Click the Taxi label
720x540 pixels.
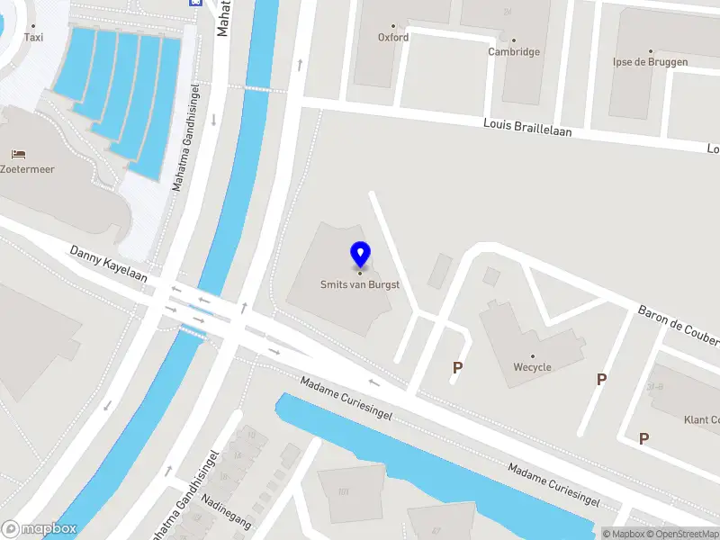(33, 38)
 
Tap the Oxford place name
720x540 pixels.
(393, 38)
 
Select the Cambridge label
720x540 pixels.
(514, 52)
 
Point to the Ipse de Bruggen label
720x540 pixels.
(650, 62)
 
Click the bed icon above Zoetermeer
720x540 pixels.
(17, 153)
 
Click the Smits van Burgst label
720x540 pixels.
(360, 285)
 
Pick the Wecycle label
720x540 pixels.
(532, 367)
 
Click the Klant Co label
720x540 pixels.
(701, 419)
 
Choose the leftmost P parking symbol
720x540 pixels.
(458, 367)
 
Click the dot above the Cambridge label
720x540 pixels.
(514, 40)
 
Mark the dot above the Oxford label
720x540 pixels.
(393, 26)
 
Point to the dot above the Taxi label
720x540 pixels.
(33, 26)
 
